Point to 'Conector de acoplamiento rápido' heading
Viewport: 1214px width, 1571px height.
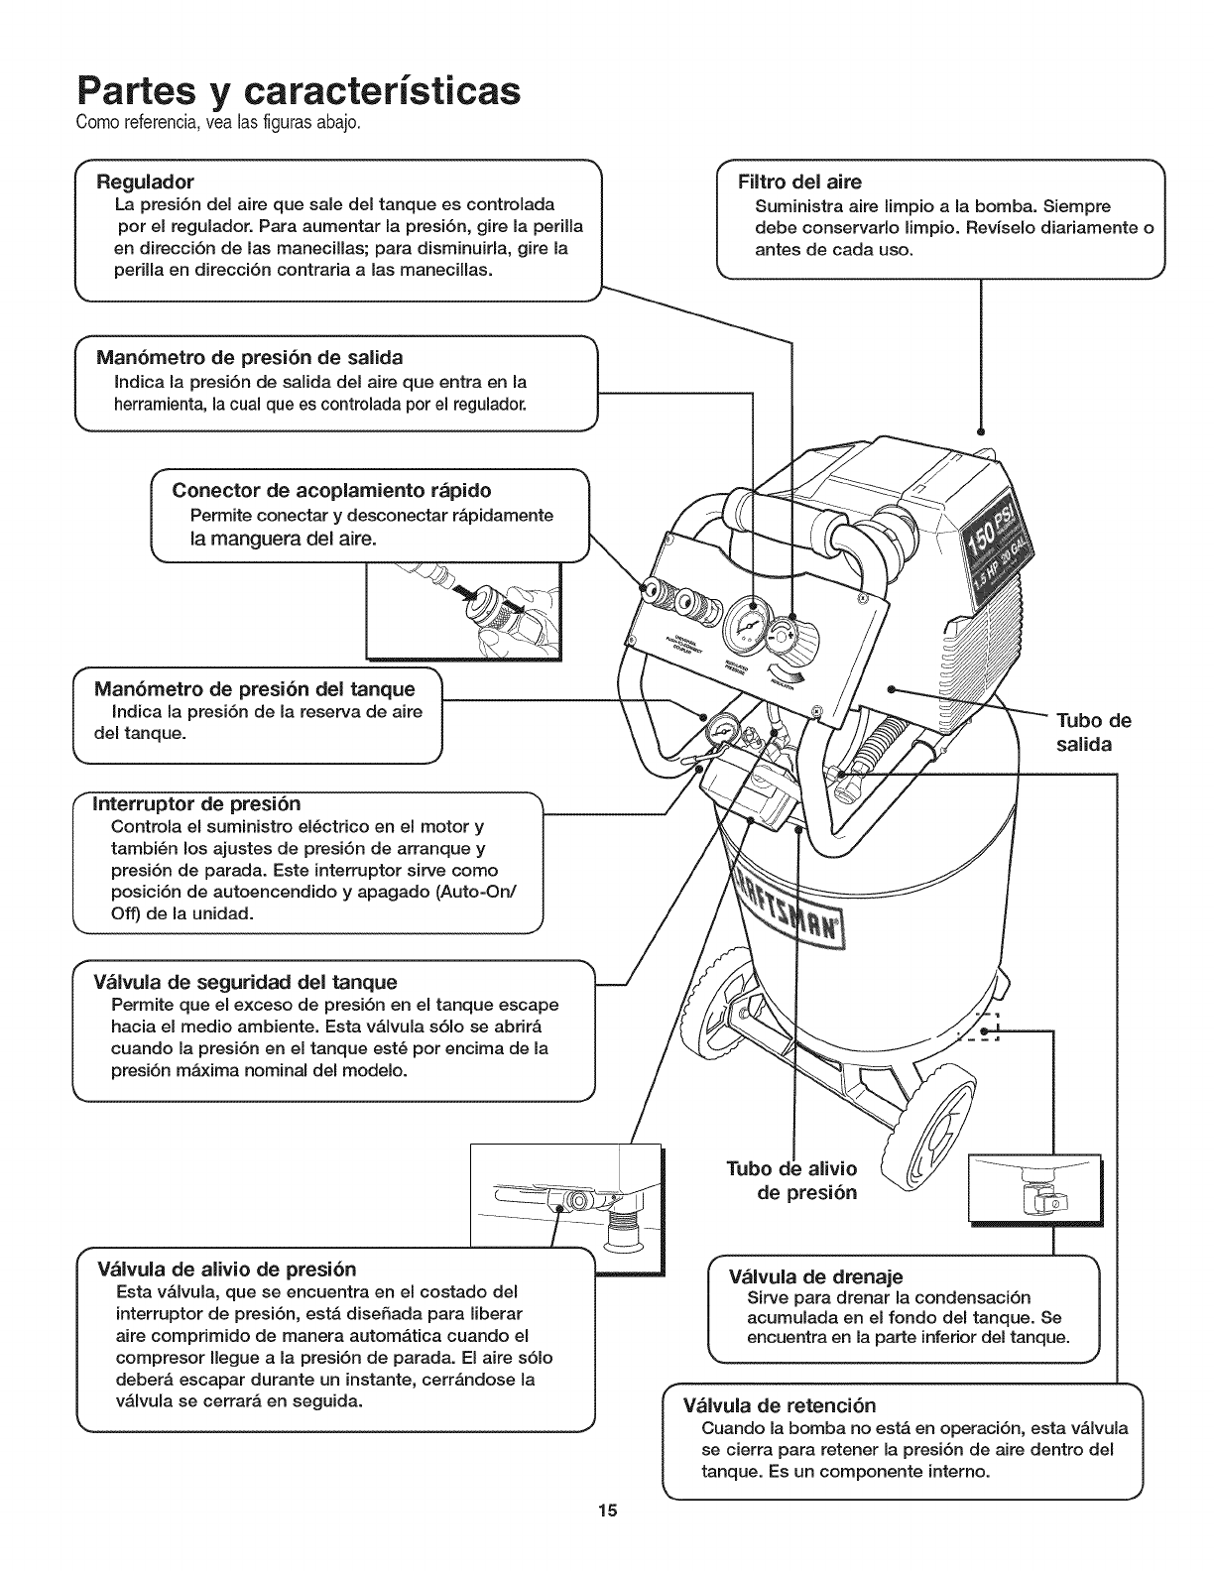click(x=331, y=491)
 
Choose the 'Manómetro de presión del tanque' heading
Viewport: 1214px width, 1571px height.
click(x=254, y=689)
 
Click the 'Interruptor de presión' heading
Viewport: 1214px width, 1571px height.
click(x=196, y=803)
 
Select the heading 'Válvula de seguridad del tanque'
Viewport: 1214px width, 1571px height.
click(x=245, y=982)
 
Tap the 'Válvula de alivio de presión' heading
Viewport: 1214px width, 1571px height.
click(x=226, y=1269)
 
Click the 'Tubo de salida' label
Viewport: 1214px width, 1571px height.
click(x=1094, y=732)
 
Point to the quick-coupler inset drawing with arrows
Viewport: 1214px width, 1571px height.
click(x=464, y=609)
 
